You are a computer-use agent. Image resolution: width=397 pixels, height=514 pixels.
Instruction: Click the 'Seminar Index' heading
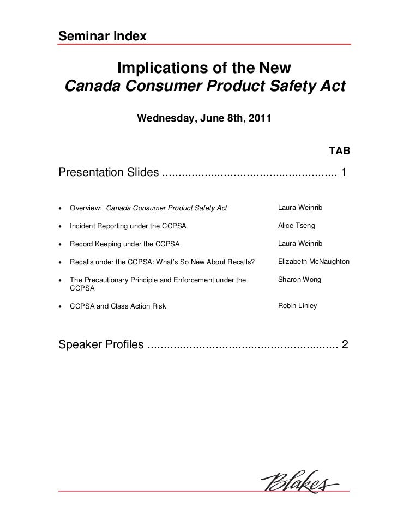click(x=102, y=36)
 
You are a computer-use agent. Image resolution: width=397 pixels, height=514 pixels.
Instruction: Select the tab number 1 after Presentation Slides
click(x=344, y=173)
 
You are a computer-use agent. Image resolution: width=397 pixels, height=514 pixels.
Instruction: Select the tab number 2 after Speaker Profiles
click(x=344, y=346)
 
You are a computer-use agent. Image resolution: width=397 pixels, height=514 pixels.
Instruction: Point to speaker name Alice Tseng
click(x=296, y=225)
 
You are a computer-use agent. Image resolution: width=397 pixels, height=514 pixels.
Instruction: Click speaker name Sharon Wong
click(x=299, y=279)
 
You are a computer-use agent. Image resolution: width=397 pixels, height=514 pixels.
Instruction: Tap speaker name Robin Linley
click(x=297, y=306)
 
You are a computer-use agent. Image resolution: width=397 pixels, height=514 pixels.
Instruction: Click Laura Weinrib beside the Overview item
click(x=300, y=208)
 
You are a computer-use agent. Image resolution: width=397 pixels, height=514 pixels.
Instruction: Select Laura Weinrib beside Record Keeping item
click(x=300, y=243)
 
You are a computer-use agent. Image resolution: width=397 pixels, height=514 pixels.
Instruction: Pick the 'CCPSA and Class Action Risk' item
click(x=118, y=306)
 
